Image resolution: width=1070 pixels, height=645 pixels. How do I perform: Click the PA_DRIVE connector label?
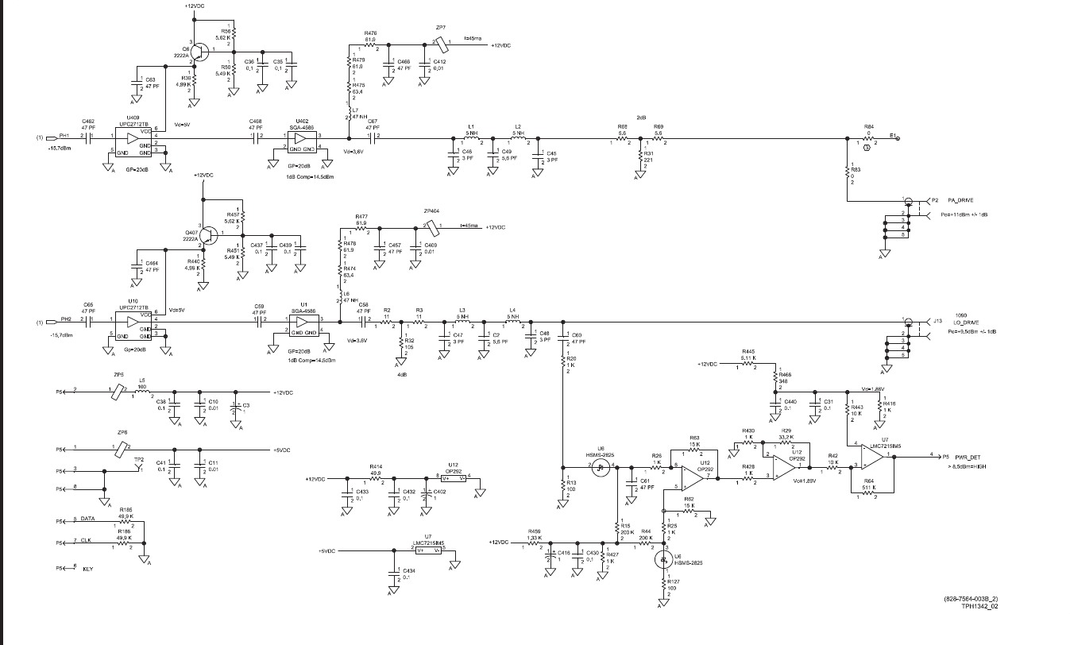[x=961, y=199]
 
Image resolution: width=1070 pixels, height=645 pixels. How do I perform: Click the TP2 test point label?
[x=139, y=460]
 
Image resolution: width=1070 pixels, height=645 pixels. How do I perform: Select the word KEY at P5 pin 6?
[x=87, y=569]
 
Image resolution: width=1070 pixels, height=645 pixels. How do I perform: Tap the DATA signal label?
[x=87, y=518]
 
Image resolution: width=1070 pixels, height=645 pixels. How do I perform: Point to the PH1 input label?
[x=64, y=136]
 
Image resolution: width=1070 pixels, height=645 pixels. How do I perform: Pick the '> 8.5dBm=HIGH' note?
[x=967, y=466]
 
